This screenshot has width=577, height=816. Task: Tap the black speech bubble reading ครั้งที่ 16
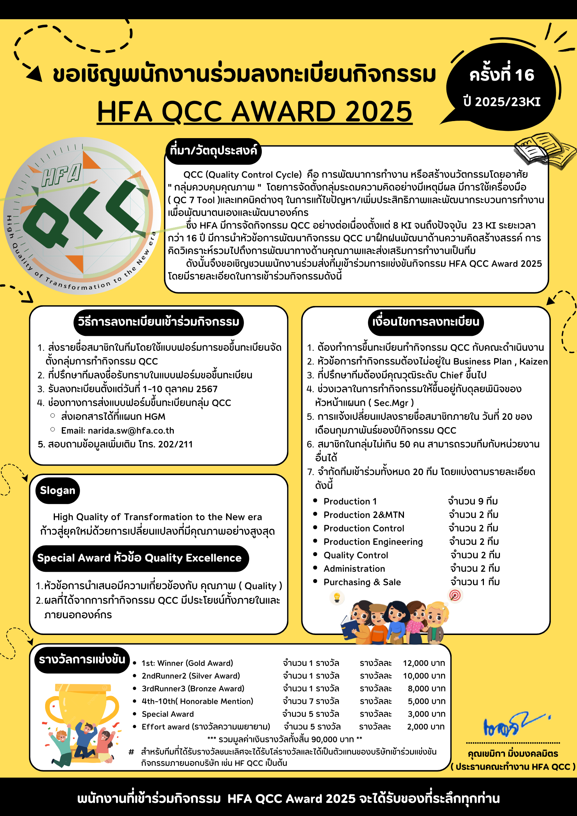(x=501, y=87)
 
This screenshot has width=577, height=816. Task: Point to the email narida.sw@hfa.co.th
(x=131, y=431)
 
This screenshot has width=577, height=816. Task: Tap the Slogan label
(x=57, y=490)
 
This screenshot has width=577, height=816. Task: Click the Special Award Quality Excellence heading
(x=140, y=558)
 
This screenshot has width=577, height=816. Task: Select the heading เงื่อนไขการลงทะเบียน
(x=426, y=322)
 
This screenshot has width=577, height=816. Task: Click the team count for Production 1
(x=473, y=501)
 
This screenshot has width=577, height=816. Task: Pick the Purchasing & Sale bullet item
(x=362, y=582)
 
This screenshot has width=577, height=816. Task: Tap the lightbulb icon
(x=337, y=597)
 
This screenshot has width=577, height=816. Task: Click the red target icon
(x=455, y=595)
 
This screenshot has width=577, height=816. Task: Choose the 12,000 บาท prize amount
(x=424, y=663)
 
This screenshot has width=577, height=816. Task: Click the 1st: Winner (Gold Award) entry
(x=187, y=663)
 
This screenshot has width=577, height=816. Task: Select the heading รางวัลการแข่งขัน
(x=82, y=659)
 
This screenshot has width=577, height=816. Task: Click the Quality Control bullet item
(x=356, y=555)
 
